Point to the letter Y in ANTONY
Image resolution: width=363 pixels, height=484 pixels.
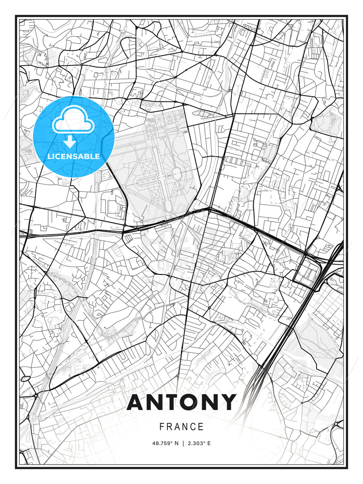click(x=227, y=402)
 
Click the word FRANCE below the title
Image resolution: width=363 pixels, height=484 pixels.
click(x=182, y=427)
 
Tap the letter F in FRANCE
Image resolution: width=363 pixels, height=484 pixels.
click(x=162, y=427)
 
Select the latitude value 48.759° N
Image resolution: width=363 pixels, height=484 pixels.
click(x=166, y=443)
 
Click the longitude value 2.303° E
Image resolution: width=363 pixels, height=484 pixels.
click(x=199, y=443)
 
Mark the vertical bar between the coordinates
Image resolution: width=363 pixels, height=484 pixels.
click(x=183, y=443)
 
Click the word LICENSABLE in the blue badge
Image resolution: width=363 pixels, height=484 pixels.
click(x=74, y=156)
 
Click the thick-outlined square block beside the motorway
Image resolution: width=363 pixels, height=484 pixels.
click(x=306, y=272)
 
